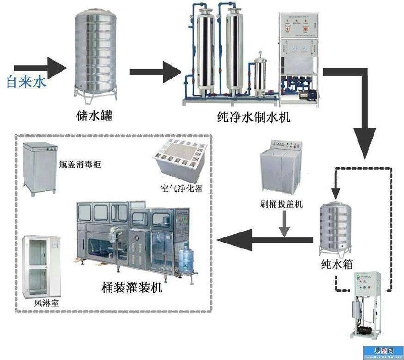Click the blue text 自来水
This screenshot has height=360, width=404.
click(26, 81)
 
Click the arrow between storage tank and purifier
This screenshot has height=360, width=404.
click(151, 72)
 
